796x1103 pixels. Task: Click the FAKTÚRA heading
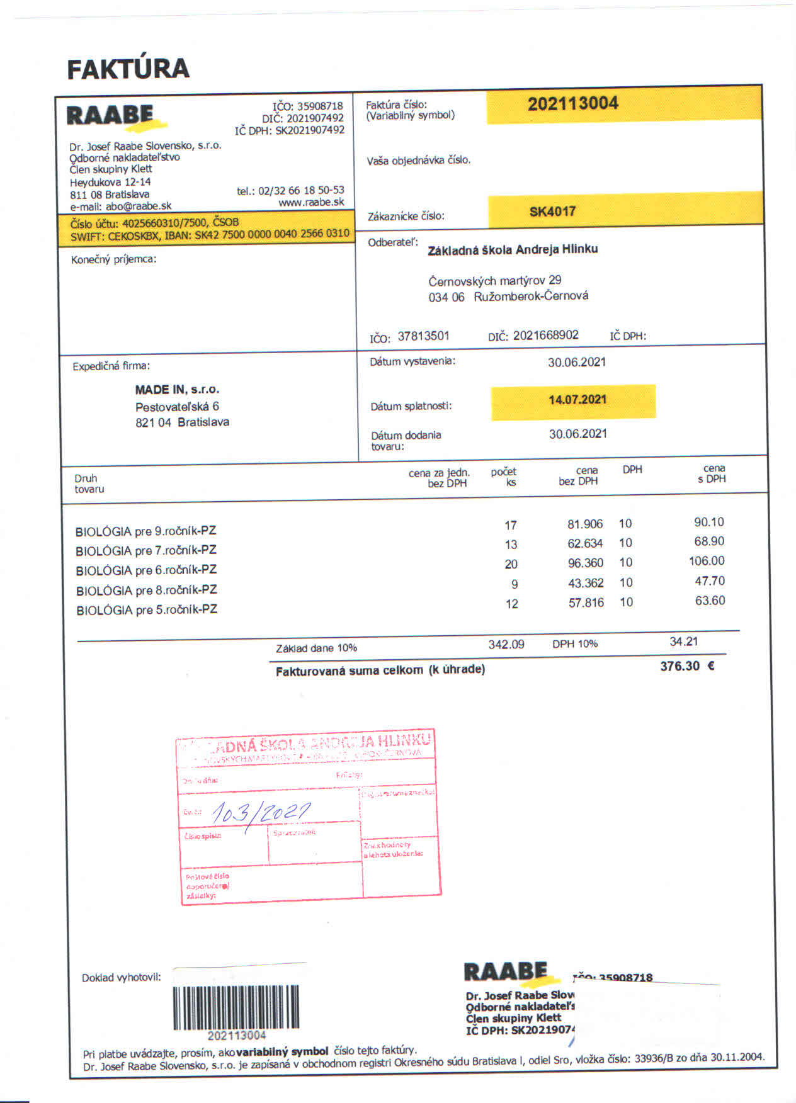pyautogui.click(x=128, y=69)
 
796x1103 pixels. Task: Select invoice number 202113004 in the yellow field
pyautogui.click(x=572, y=104)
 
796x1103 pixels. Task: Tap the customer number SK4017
pyautogui.click(x=552, y=212)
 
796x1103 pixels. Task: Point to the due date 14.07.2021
pyautogui.click(x=577, y=400)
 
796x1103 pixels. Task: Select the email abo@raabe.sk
pyautogui.click(x=138, y=206)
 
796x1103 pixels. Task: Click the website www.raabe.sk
pyautogui.click(x=311, y=202)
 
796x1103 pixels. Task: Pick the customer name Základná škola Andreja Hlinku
pyautogui.click(x=513, y=249)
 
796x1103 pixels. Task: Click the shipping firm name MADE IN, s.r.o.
pyautogui.click(x=177, y=390)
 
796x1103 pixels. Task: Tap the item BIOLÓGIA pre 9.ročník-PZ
pyautogui.click(x=145, y=531)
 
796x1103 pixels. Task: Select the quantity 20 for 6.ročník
pyautogui.click(x=511, y=564)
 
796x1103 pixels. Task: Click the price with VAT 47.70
pyautogui.click(x=709, y=581)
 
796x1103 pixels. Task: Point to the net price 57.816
pyautogui.click(x=586, y=602)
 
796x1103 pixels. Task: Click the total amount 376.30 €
pyautogui.click(x=686, y=666)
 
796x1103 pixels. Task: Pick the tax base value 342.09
pyautogui.click(x=506, y=645)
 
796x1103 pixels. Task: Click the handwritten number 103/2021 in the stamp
pyautogui.click(x=260, y=813)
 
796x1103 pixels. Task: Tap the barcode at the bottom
pyautogui.click(x=236, y=1007)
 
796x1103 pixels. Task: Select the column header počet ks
pyautogui.click(x=503, y=477)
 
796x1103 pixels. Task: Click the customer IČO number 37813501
pyautogui.click(x=423, y=336)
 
